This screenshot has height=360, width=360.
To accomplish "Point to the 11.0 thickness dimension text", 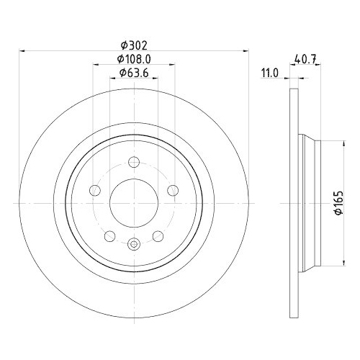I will [x=270, y=73].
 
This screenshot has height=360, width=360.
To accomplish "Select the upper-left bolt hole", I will [x=94, y=191].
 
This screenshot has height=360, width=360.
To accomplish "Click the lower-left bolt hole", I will [x=109, y=237].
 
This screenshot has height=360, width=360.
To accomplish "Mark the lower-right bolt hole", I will [x=159, y=237].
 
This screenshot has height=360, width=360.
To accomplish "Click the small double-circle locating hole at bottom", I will [x=134, y=246].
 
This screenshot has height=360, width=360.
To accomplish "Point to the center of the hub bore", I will [x=134, y=204].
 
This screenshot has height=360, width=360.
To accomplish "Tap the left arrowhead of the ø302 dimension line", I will [x=22, y=50].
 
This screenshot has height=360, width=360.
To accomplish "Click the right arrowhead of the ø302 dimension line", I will [x=247, y=50].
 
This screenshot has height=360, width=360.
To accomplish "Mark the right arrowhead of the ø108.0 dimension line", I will [x=174, y=65].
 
